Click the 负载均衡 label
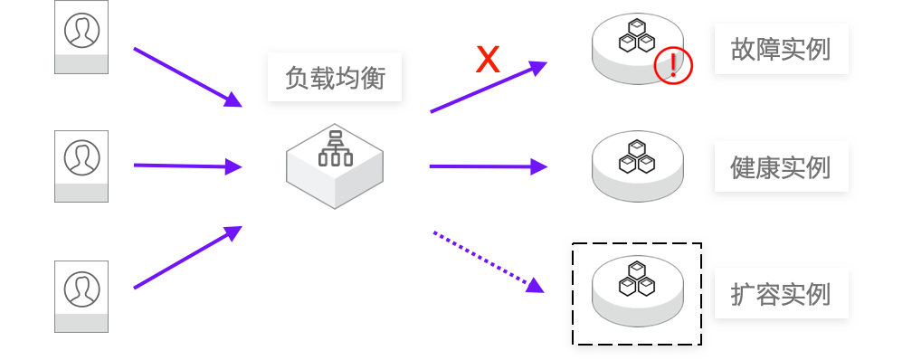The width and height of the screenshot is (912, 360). [335, 78]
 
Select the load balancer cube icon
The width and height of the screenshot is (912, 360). [335, 166]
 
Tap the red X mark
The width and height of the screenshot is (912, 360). [488, 60]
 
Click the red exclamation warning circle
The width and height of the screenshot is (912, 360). [673, 65]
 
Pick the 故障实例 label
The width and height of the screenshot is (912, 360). [781, 50]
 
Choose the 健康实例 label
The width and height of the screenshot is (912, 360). [781, 167]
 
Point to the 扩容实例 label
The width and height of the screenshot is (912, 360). [781, 294]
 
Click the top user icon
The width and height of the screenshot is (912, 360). [81, 37]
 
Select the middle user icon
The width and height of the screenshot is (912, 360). [81, 166]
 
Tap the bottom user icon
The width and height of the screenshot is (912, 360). [81, 297]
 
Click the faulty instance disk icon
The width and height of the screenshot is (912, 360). [638, 49]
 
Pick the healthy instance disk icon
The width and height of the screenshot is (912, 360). [638, 166]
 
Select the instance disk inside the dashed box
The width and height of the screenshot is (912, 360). [638, 290]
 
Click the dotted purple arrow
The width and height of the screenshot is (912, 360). [489, 261]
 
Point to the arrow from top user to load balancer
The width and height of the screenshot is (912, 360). [188, 78]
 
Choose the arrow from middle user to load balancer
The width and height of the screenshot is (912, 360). [188, 166]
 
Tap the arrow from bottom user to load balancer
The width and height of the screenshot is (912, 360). [188, 257]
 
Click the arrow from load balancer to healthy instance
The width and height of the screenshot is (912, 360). [489, 167]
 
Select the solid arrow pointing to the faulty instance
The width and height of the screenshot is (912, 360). [489, 87]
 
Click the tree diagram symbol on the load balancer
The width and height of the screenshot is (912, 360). [336, 149]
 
